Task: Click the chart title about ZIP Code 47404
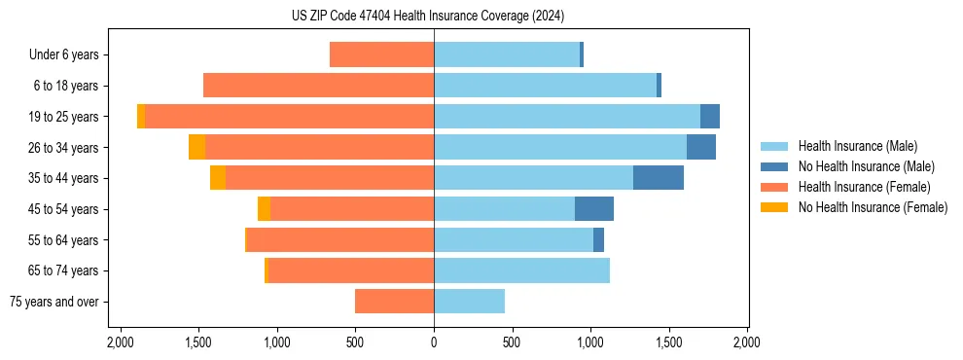(428, 17)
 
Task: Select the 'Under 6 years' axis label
(64, 55)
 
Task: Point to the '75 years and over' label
(54, 302)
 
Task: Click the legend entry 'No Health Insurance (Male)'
(866, 166)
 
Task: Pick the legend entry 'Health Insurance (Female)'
(864, 187)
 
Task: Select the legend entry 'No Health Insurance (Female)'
(873, 207)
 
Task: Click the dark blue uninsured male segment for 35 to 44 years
(659, 178)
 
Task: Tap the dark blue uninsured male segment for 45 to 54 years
(594, 209)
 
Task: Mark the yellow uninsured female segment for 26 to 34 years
(197, 147)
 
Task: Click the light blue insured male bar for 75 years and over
(469, 302)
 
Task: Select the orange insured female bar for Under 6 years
(381, 54)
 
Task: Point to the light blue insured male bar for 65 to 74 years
(521, 270)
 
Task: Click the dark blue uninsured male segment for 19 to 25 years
(710, 117)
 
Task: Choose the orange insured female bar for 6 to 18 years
(318, 86)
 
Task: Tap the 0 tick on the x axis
(434, 342)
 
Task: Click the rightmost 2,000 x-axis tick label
(747, 342)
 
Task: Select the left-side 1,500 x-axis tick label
(198, 342)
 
